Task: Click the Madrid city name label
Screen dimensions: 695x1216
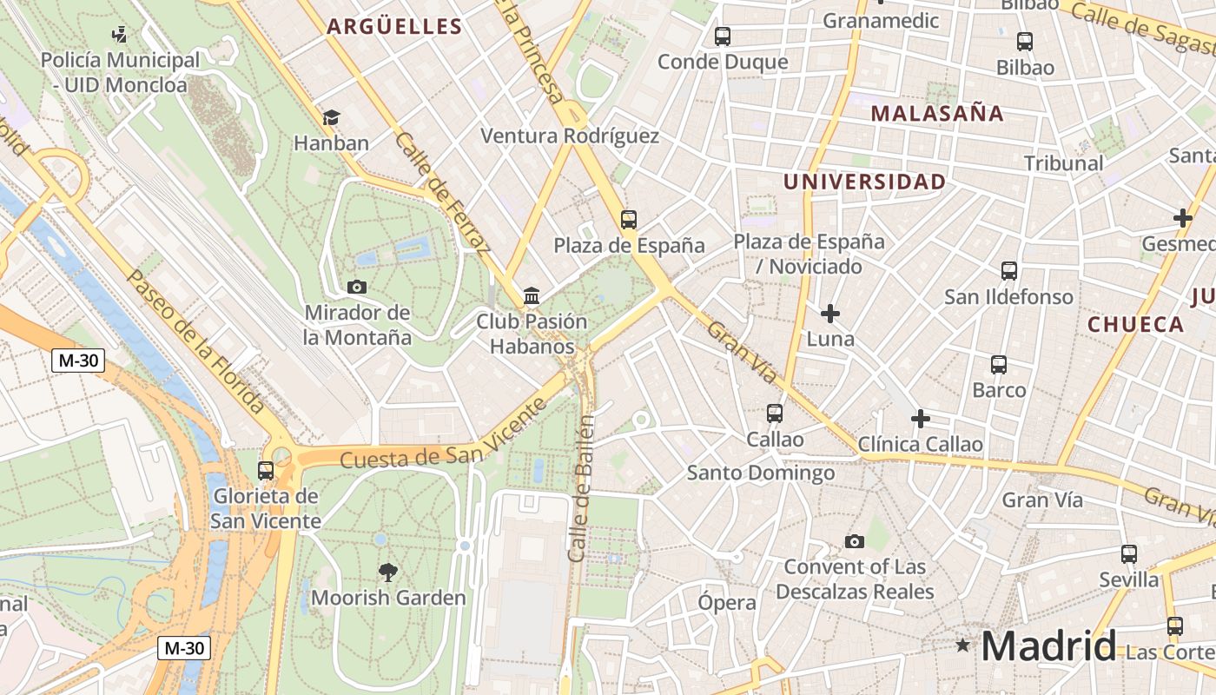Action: pos(1048,646)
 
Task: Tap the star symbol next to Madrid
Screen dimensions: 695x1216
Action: pos(962,645)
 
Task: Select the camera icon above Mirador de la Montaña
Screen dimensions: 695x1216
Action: pos(356,287)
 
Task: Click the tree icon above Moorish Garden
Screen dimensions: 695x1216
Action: pos(388,572)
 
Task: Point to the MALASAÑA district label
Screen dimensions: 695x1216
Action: pos(937,113)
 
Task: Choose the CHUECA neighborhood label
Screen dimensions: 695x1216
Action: pos(1135,325)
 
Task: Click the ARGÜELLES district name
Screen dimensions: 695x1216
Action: pos(394,27)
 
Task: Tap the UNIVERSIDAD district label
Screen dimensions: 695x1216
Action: pos(864,182)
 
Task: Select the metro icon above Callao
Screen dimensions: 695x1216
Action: pos(775,414)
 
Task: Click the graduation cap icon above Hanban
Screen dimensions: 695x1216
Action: pos(331,117)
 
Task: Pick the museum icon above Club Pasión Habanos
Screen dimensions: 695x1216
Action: pos(532,296)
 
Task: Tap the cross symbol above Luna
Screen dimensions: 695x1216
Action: pos(830,313)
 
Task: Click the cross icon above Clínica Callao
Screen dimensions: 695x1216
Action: pos(920,420)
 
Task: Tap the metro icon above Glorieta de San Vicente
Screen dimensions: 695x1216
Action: pos(266,471)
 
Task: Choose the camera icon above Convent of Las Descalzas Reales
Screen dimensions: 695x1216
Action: pos(855,541)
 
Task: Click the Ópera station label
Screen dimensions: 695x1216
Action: pos(727,602)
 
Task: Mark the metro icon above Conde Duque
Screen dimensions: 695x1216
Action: pos(723,36)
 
